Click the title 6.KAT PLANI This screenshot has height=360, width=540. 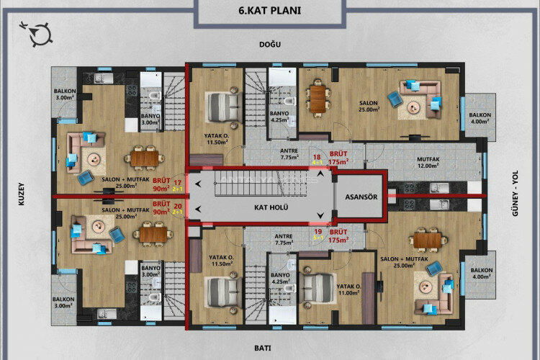click(x=269, y=11)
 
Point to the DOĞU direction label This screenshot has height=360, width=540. click(x=269, y=45)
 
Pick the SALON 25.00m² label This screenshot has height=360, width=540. click(x=369, y=107)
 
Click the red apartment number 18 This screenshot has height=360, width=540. click(x=316, y=156)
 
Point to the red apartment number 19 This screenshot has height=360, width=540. click(x=316, y=232)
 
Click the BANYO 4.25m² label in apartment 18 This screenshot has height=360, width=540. click(x=279, y=117)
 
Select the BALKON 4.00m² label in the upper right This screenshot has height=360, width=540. click(x=480, y=118)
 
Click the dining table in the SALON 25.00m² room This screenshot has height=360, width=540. click(x=317, y=99)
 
